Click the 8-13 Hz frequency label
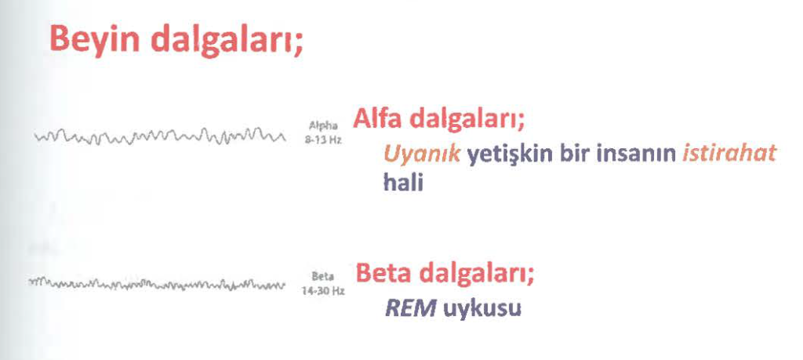tap(322, 140)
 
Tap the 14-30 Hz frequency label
tap(321, 291)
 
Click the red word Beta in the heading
tap(383, 274)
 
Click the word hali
tap(403, 182)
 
